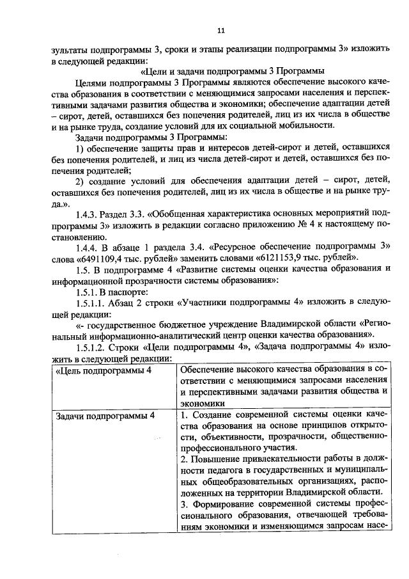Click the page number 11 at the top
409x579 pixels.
[x=221, y=30]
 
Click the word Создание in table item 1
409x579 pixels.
[x=214, y=416]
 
